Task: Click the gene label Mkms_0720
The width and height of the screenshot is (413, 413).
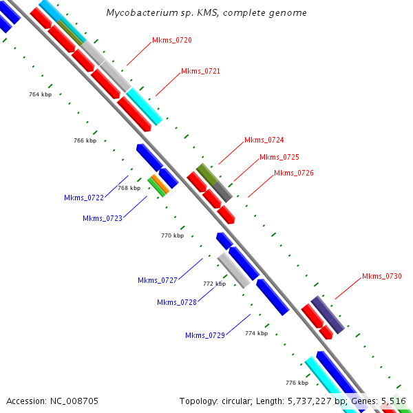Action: click(x=172, y=41)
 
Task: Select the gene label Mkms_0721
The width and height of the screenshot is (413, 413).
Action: click(x=200, y=72)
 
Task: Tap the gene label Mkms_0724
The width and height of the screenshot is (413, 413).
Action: click(x=264, y=140)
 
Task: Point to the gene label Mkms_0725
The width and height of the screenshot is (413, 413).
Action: click(x=279, y=158)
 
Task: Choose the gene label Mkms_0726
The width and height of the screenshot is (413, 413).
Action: click(x=294, y=173)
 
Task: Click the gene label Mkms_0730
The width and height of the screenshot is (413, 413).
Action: click(x=382, y=277)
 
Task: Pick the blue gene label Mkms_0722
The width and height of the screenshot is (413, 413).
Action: click(x=84, y=198)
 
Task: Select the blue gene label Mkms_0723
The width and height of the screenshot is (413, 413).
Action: click(x=103, y=219)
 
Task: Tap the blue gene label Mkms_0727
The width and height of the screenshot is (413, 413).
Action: click(x=158, y=281)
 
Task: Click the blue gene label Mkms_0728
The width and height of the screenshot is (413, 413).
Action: click(x=177, y=302)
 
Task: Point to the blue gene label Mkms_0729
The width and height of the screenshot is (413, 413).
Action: click(x=205, y=336)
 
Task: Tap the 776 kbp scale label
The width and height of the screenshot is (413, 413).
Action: click(x=297, y=383)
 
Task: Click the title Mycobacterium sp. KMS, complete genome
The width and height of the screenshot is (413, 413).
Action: click(x=206, y=13)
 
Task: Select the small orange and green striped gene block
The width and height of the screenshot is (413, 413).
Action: click(x=158, y=184)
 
